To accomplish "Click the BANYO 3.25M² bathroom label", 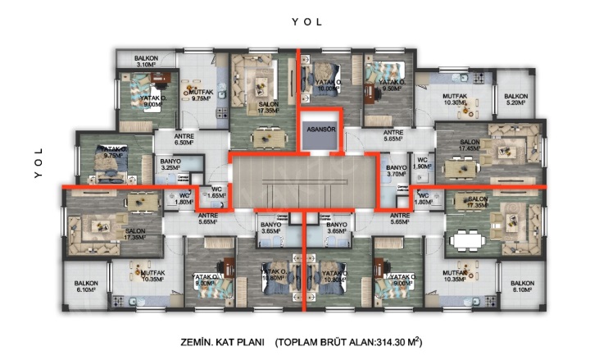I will tap(170, 163).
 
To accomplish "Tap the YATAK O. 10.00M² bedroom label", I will tap(326, 86).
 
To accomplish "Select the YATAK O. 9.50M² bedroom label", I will tap(391, 86).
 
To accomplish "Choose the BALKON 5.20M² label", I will tap(516, 100).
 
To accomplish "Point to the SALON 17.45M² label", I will tap(470, 146).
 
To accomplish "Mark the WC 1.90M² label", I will tap(422, 163).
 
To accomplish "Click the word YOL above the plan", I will tap(305, 22).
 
